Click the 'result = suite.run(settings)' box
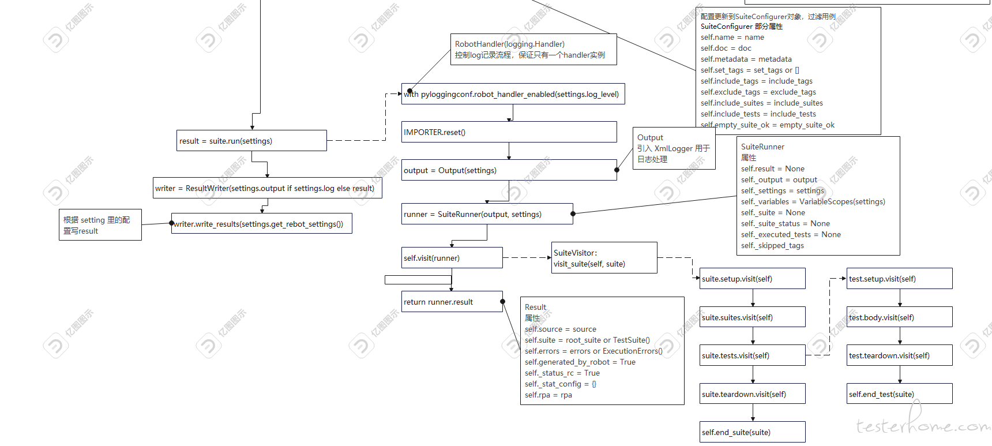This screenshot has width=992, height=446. point(252,141)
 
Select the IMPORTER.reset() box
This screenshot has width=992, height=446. point(509,132)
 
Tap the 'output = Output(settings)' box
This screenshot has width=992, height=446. point(509,170)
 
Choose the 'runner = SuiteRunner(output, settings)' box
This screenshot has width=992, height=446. point(487,214)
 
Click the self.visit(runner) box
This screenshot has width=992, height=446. point(452,258)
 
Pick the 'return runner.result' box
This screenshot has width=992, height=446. point(452,302)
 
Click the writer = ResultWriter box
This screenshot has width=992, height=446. point(268,188)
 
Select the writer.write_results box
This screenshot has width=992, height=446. point(262,224)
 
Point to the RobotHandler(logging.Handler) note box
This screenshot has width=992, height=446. point(533,50)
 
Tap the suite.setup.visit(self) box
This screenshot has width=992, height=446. point(753,279)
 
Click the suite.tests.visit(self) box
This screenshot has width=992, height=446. point(753,355)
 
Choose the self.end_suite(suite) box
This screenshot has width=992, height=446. point(753,432)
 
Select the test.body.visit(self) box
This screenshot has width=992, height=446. point(900,317)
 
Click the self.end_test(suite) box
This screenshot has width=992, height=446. point(900,394)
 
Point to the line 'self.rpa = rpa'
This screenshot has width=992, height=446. point(548,395)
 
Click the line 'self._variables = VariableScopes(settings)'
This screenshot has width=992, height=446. point(813,202)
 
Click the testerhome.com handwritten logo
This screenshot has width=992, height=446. point(923,422)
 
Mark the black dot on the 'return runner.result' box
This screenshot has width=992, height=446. point(503,302)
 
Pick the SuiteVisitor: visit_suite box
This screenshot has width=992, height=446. point(604,258)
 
